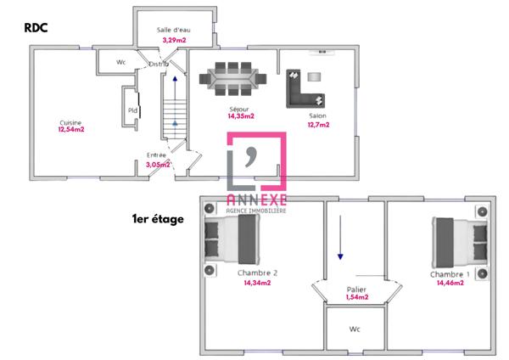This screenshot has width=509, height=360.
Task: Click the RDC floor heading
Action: coord(36,28)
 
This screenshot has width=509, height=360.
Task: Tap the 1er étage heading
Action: coord(158,219)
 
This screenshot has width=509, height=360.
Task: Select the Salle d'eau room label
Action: coord(173,30)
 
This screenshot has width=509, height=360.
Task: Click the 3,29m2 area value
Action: coord(174,40)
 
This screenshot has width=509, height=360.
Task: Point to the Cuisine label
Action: coord(70,123)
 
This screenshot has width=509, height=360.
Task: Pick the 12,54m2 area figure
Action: coord(71,129)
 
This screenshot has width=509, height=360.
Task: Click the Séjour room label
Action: coord(239,110)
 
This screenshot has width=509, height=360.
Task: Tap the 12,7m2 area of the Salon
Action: coord(318,125)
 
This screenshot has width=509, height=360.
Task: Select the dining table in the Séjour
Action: coord(232,79)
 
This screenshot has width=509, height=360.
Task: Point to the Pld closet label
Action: coord(132,110)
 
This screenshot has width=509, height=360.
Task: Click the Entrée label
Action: coord(156,155)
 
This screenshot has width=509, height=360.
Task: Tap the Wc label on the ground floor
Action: coord(120,62)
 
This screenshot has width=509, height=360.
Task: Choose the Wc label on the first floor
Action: coord(355,329)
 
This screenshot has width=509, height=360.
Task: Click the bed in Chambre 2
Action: coord(232,239)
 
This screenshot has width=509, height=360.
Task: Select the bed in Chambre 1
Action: coord(460,243)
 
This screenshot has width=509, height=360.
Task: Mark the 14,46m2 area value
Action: coord(450,283)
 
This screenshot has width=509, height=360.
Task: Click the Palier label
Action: coord(356,290)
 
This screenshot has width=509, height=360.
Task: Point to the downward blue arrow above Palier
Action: coord(340,237)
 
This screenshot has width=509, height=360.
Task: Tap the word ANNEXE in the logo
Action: coord(256,200)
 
